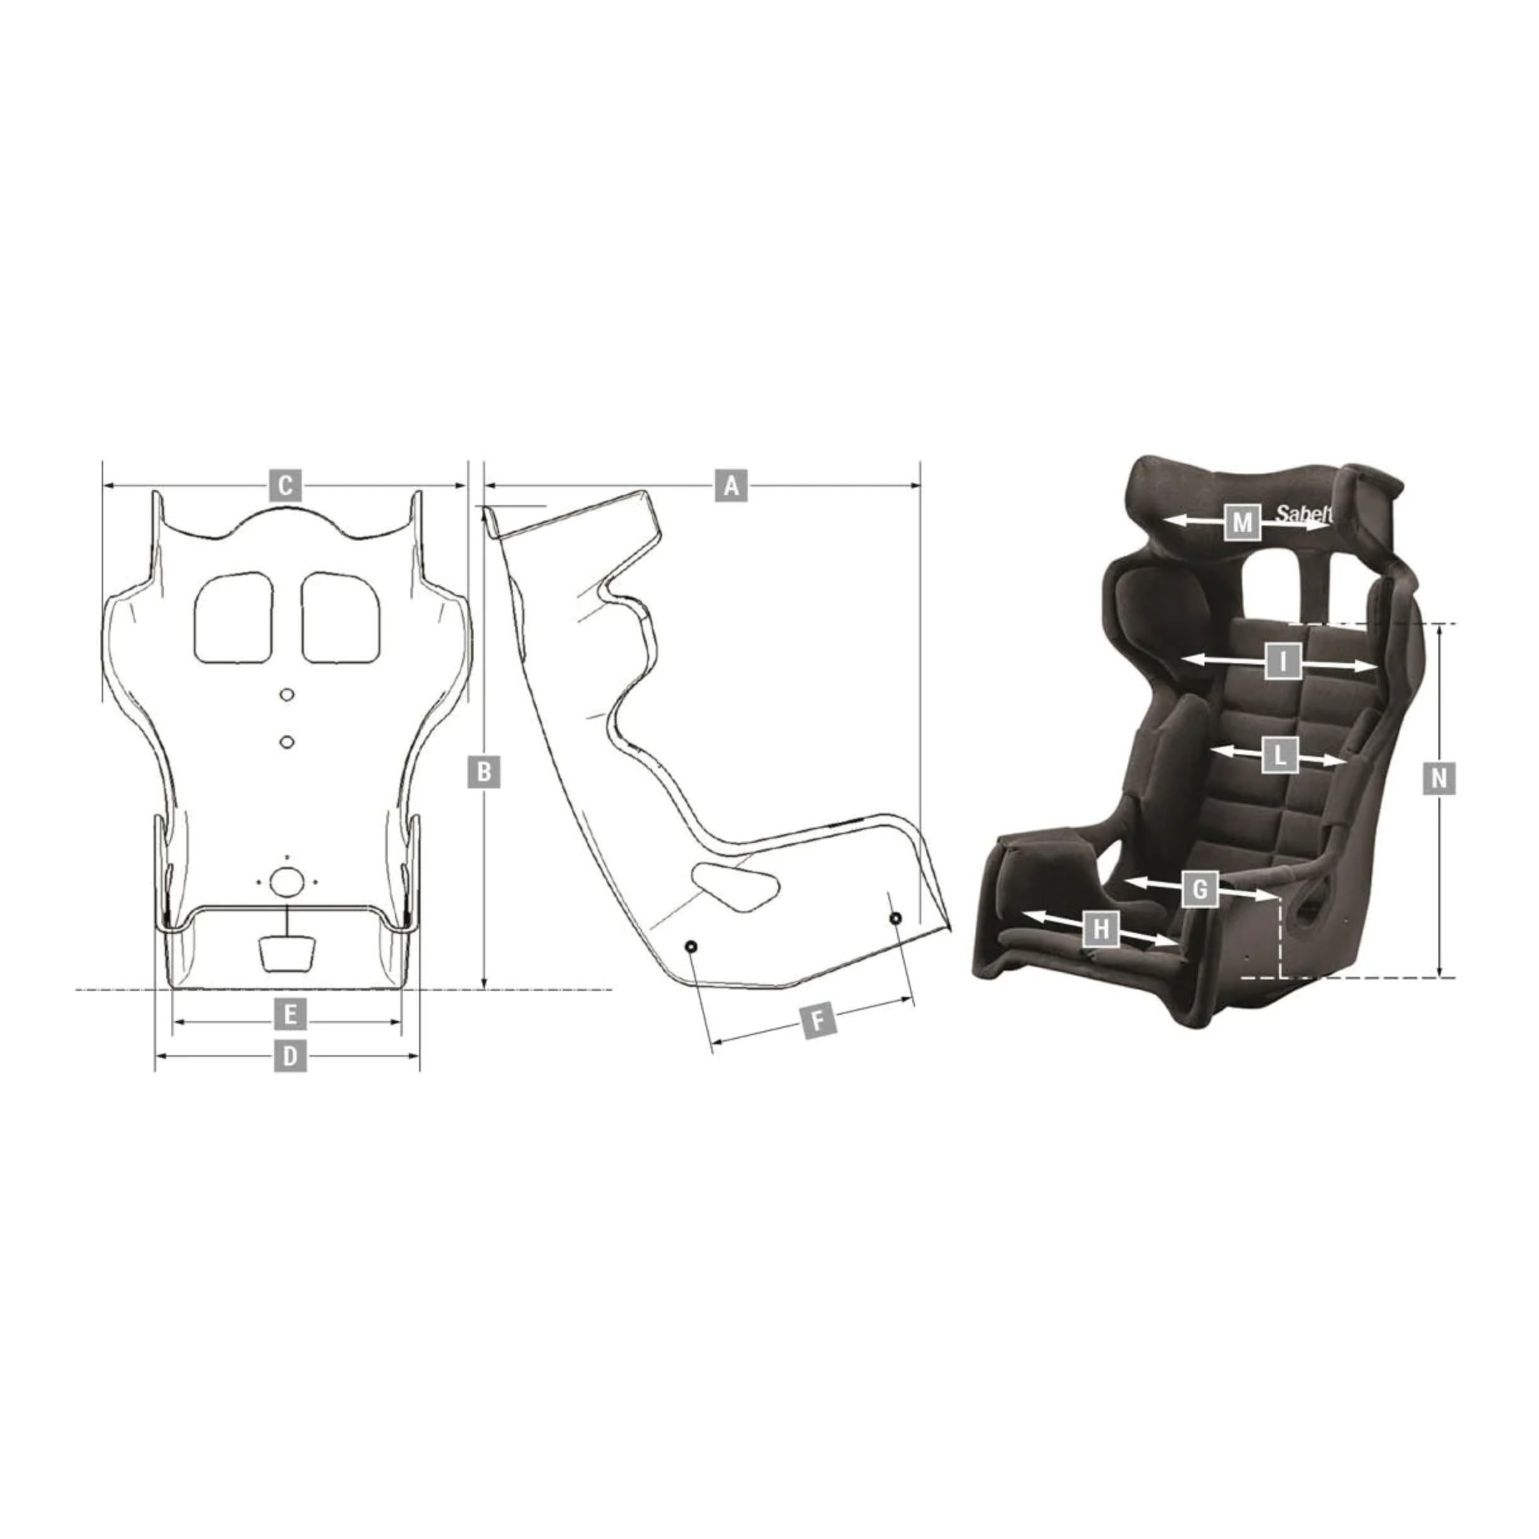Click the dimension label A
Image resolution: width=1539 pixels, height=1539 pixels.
pyautogui.click(x=732, y=484)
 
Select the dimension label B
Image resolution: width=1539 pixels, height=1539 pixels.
pyautogui.click(x=484, y=772)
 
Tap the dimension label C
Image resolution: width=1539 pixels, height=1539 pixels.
pyautogui.click(x=285, y=484)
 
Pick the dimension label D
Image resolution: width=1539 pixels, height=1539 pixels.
pyautogui.click(x=290, y=1057)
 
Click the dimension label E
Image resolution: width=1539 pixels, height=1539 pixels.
pyautogui.click(x=290, y=1015)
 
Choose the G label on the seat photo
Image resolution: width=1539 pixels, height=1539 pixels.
pyautogui.click(x=1199, y=889)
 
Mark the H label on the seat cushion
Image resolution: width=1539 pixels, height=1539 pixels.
pyautogui.click(x=1100, y=929)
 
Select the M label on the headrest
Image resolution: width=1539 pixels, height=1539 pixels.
pyautogui.click(x=1242, y=522)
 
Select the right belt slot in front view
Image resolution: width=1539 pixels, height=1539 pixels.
pyautogui.click(x=341, y=616)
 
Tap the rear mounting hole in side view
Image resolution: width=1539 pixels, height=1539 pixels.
pyautogui.click(x=690, y=947)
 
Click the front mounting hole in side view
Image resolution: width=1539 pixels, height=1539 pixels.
pyautogui.click(x=895, y=919)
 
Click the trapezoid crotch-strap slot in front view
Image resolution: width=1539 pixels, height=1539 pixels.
pyautogui.click(x=287, y=953)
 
